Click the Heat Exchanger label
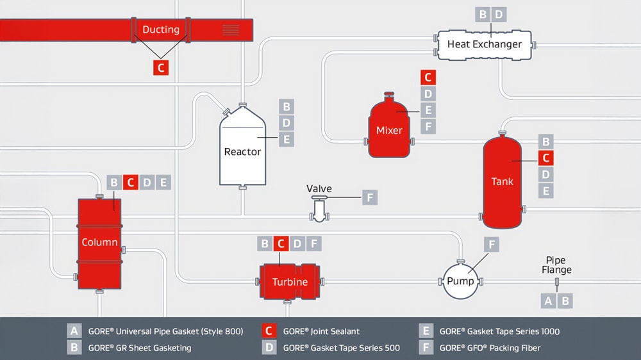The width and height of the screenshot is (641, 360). (484, 44)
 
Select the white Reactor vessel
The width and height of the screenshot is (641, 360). (242, 151)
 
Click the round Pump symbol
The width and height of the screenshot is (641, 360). (460, 281)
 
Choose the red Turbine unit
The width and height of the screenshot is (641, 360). (290, 282)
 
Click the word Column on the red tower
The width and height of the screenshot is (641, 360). (99, 242)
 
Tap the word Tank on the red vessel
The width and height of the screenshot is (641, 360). (502, 181)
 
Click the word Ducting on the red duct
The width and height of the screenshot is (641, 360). (161, 29)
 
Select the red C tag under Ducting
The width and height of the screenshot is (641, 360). (161, 67)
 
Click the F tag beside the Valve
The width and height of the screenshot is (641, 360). (370, 197)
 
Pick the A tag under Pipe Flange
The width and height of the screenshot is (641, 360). (548, 300)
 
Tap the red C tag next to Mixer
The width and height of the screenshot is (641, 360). (428, 78)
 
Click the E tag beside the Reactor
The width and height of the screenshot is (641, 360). (287, 139)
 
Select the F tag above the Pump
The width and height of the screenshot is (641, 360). (491, 244)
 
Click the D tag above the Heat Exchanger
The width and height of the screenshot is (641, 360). (499, 14)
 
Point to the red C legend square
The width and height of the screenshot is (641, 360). (270, 331)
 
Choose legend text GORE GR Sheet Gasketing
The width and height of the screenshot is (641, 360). (140, 348)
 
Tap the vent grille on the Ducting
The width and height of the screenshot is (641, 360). (231, 29)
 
